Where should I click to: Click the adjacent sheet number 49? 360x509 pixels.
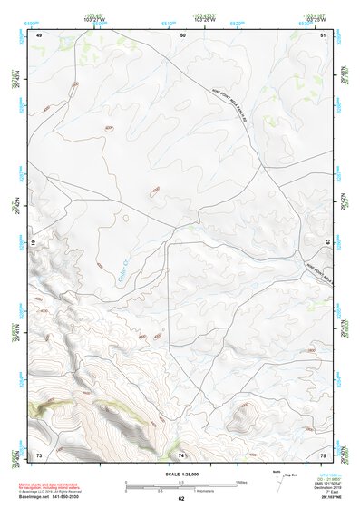click(39, 34)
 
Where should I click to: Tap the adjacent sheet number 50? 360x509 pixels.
click(183, 34)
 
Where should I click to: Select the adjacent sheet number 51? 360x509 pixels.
click(324, 34)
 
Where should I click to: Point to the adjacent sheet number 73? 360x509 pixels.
click(39, 454)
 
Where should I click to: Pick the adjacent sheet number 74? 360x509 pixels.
click(181, 454)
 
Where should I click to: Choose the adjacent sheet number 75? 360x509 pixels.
click(323, 454)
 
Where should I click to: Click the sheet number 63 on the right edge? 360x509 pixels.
click(325, 242)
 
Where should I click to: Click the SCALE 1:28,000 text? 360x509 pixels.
click(180, 474)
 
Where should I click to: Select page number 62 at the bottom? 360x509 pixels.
click(180, 498)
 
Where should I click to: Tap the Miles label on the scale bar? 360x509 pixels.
click(240, 482)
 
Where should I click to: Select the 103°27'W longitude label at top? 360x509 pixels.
click(92, 19)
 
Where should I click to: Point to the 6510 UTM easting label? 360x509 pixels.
click(167, 22)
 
